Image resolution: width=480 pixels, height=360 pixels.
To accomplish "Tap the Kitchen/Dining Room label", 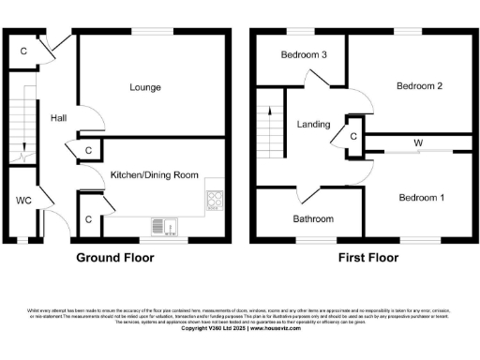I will (155, 175).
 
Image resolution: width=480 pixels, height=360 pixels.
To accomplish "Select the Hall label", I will (58, 117).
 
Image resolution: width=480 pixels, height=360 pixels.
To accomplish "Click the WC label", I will (24, 200).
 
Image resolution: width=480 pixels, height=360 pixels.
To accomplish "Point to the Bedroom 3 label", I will (304, 55).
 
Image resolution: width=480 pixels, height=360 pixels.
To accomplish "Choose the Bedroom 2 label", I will (419, 86).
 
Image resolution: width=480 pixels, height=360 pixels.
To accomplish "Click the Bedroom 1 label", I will (422, 198).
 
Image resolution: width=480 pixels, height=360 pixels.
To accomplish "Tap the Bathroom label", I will (312, 219).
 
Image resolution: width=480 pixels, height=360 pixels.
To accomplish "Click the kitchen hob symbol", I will (215, 199).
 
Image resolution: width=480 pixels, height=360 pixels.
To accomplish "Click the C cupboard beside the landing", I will (352, 137).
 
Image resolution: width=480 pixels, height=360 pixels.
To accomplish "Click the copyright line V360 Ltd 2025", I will (240, 328).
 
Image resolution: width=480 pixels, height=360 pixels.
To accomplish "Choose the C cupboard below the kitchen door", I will (88, 219).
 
